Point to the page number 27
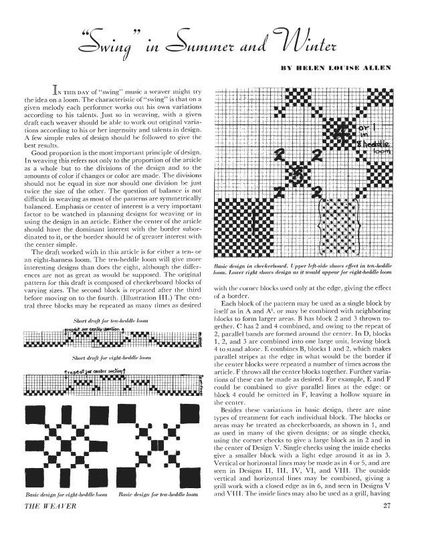387,523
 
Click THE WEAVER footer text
41,523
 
